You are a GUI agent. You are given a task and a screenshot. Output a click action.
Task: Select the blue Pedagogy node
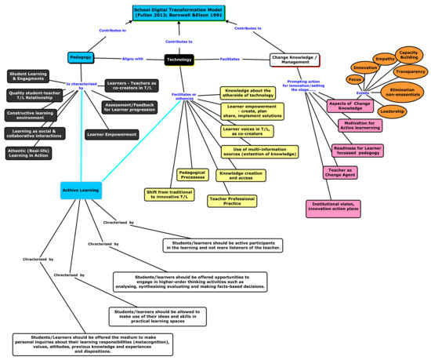(81, 58)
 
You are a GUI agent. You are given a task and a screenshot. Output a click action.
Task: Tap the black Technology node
(179, 59)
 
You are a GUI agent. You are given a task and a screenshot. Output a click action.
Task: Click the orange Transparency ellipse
(410, 71)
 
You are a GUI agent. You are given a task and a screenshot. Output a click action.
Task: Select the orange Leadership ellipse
(392, 111)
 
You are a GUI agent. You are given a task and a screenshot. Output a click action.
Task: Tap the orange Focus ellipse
(355, 80)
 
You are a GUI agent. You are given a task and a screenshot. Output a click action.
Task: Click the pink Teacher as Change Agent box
(338, 173)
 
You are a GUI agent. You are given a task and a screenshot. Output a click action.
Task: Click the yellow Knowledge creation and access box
(244, 176)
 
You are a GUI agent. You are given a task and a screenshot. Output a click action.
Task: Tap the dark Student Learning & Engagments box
(34, 76)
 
